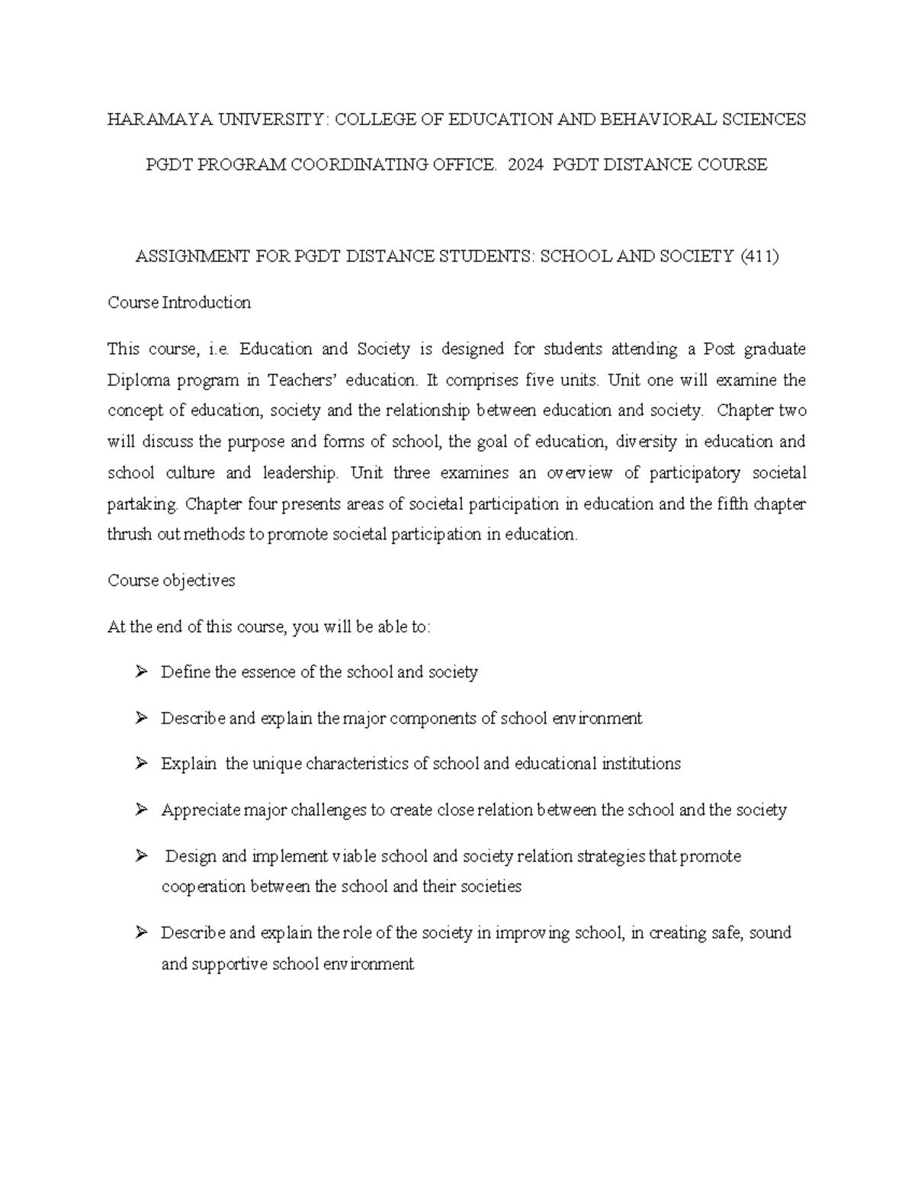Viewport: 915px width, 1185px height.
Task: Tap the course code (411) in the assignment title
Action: (x=759, y=257)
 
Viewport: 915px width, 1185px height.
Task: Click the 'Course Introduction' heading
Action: (x=179, y=303)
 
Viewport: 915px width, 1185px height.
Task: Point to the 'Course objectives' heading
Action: (x=172, y=581)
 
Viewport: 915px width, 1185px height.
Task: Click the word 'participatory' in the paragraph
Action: (x=695, y=473)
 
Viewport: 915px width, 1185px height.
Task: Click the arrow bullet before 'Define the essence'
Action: (x=141, y=672)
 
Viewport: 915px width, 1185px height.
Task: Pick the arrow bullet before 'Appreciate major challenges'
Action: (x=141, y=810)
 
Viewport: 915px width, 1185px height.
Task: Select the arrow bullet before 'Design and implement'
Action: (x=141, y=856)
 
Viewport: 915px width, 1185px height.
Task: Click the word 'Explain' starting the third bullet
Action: (x=188, y=765)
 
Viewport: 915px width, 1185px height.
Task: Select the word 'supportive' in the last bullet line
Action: (x=229, y=964)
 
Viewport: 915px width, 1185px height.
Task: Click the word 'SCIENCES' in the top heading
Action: (x=766, y=120)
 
